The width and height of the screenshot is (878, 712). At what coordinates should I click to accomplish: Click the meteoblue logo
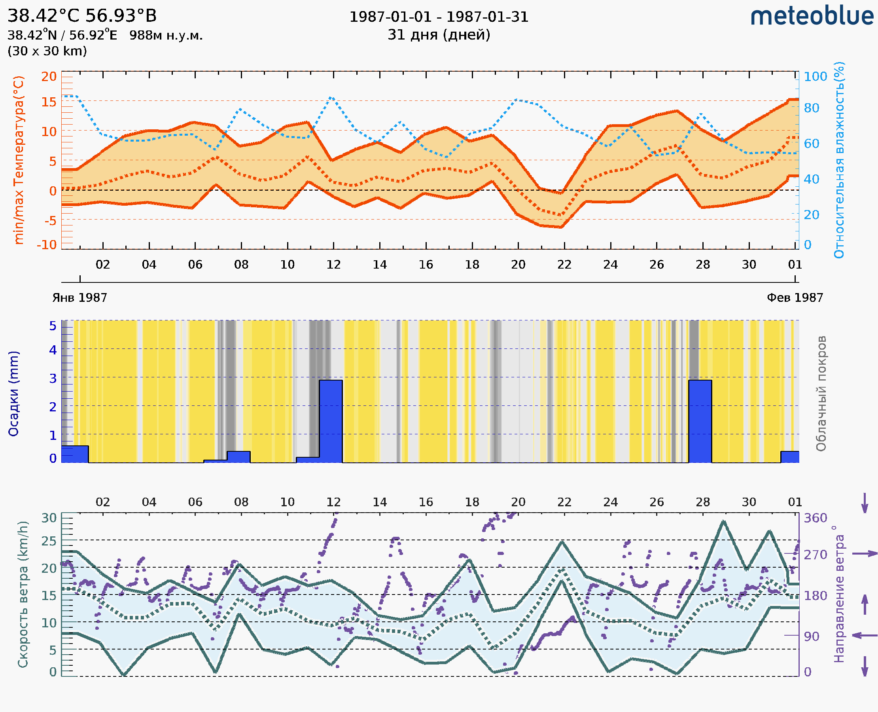[x=812, y=16]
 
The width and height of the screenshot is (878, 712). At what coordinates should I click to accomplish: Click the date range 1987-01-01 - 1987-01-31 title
[x=439, y=17]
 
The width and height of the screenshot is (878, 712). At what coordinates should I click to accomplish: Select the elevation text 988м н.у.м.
[x=166, y=35]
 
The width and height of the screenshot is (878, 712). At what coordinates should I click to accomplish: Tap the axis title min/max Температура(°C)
[x=19, y=160]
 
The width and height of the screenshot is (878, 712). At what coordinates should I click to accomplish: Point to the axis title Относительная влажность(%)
[x=839, y=160]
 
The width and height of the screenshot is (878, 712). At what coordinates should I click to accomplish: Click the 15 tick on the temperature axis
[x=49, y=102]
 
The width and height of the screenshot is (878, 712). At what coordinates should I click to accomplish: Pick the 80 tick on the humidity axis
[x=811, y=108]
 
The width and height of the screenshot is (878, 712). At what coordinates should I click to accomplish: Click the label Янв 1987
[x=79, y=298]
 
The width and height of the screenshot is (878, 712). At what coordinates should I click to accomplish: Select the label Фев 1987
[x=795, y=298]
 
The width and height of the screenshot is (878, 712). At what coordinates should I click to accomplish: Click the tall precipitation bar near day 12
[x=331, y=421]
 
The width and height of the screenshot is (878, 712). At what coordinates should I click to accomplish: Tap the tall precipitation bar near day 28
[x=700, y=421]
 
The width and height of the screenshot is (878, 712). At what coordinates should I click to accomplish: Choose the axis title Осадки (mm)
[x=13, y=394]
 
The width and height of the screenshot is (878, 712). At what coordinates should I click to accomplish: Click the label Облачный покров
[x=821, y=394]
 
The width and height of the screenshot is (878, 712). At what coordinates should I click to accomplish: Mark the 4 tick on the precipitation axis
[x=53, y=350]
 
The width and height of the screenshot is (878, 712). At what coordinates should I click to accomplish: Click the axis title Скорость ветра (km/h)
[x=23, y=594]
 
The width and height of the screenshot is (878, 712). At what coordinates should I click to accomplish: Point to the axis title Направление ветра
[x=839, y=594]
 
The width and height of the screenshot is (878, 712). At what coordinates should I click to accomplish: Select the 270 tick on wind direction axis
[x=815, y=555]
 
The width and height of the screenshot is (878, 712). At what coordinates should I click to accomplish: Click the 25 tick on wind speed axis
[x=49, y=541]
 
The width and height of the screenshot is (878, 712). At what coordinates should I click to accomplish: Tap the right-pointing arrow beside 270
[x=865, y=554]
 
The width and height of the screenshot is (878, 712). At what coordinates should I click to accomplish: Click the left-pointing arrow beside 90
[x=865, y=635]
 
